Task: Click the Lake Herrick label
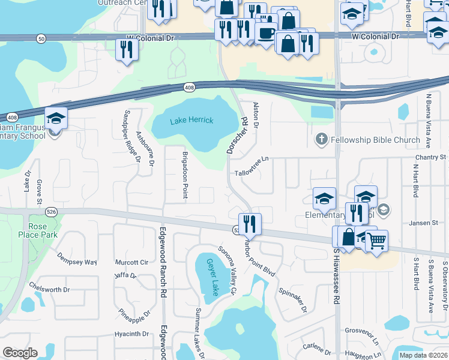pyautogui.click(x=191, y=121)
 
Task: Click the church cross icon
pyautogui.click(x=321, y=140)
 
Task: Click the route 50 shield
pyautogui.click(x=40, y=38)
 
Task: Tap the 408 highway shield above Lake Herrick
pyautogui.click(x=190, y=88)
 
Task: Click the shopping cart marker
pyautogui.click(x=376, y=241)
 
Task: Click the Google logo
pyautogui.click(x=20, y=353)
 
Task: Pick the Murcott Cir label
pyautogui.click(x=135, y=262)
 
